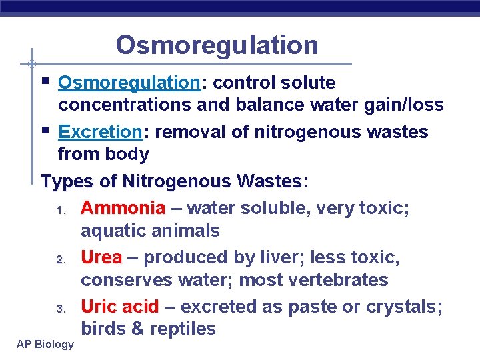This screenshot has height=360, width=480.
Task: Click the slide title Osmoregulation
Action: pyautogui.click(x=217, y=45)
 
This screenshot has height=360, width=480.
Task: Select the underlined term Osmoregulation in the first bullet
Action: pyautogui.click(x=129, y=83)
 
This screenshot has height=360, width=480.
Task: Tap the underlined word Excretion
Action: pyautogui.click(x=100, y=132)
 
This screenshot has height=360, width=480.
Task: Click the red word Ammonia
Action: pyautogui.click(x=123, y=209)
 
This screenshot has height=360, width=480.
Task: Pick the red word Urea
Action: pyautogui.click(x=101, y=257)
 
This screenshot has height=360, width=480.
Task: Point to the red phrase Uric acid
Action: pyautogui.click(x=120, y=307)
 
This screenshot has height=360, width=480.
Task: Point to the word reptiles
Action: pyautogui.click(x=183, y=329)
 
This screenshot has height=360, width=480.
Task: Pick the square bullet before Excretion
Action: pyautogui.click(x=45, y=130)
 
